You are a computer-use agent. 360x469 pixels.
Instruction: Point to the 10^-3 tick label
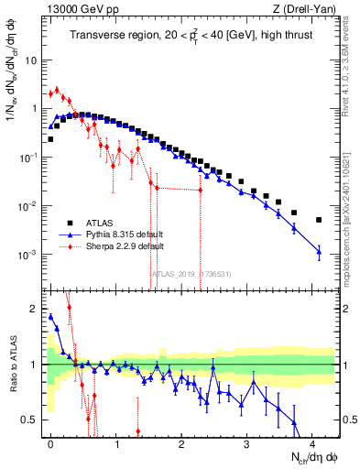29,254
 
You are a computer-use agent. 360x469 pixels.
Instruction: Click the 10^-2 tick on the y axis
29,206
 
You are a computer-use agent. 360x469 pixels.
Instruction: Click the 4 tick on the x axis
312,443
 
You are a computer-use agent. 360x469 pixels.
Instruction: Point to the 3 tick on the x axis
247,443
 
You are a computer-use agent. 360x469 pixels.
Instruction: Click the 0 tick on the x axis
51,443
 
